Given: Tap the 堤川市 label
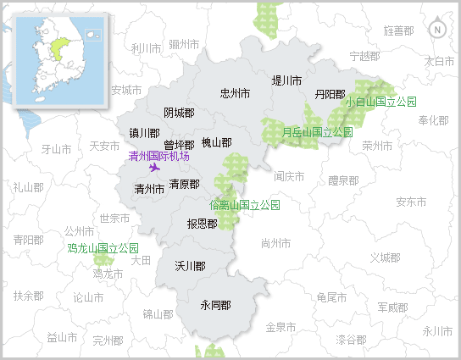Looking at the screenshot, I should [x=286, y=81].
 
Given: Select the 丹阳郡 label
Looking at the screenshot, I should [x=330, y=94].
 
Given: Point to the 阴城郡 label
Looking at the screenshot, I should [x=179, y=113].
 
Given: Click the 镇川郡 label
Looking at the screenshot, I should [x=144, y=133].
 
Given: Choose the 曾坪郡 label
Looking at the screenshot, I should [x=179, y=145].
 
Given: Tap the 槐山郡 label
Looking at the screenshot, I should [x=216, y=143].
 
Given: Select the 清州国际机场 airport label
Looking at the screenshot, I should [x=158, y=157].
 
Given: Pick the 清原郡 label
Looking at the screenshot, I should [x=184, y=184].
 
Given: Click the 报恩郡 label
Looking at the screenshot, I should [x=202, y=224].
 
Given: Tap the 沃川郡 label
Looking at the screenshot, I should [x=190, y=266].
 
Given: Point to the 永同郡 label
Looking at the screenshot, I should [x=215, y=305].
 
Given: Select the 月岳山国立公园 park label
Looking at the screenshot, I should [x=317, y=132].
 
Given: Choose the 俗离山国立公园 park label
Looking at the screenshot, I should [x=244, y=205].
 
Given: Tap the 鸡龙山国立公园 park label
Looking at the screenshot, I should [x=103, y=249].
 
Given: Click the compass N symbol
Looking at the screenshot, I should [x=437, y=30].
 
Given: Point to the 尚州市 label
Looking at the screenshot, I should [x=276, y=243].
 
